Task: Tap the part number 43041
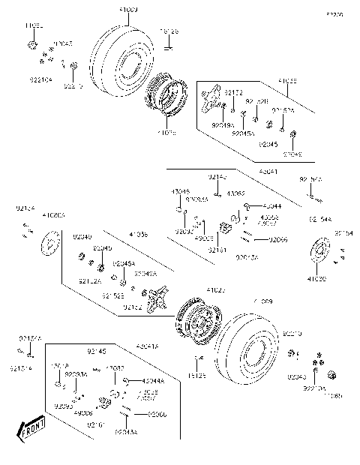[x=268, y=172]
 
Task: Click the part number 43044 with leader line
[x=271, y=205]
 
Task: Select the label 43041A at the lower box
[x=148, y=346]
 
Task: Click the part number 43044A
[x=152, y=380]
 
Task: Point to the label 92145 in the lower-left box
[x=96, y=350]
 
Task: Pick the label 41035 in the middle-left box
[x=138, y=235]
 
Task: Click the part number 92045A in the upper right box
[x=243, y=133]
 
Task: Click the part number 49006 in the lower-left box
[x=84, y=412]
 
